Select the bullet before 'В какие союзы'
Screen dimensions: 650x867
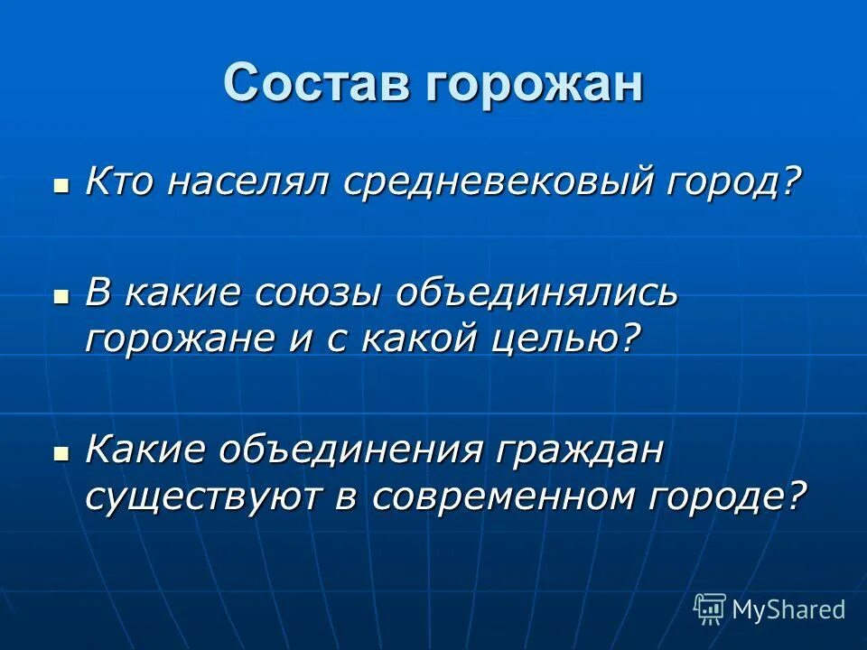[61, 297]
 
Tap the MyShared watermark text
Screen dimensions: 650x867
[788, 609]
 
